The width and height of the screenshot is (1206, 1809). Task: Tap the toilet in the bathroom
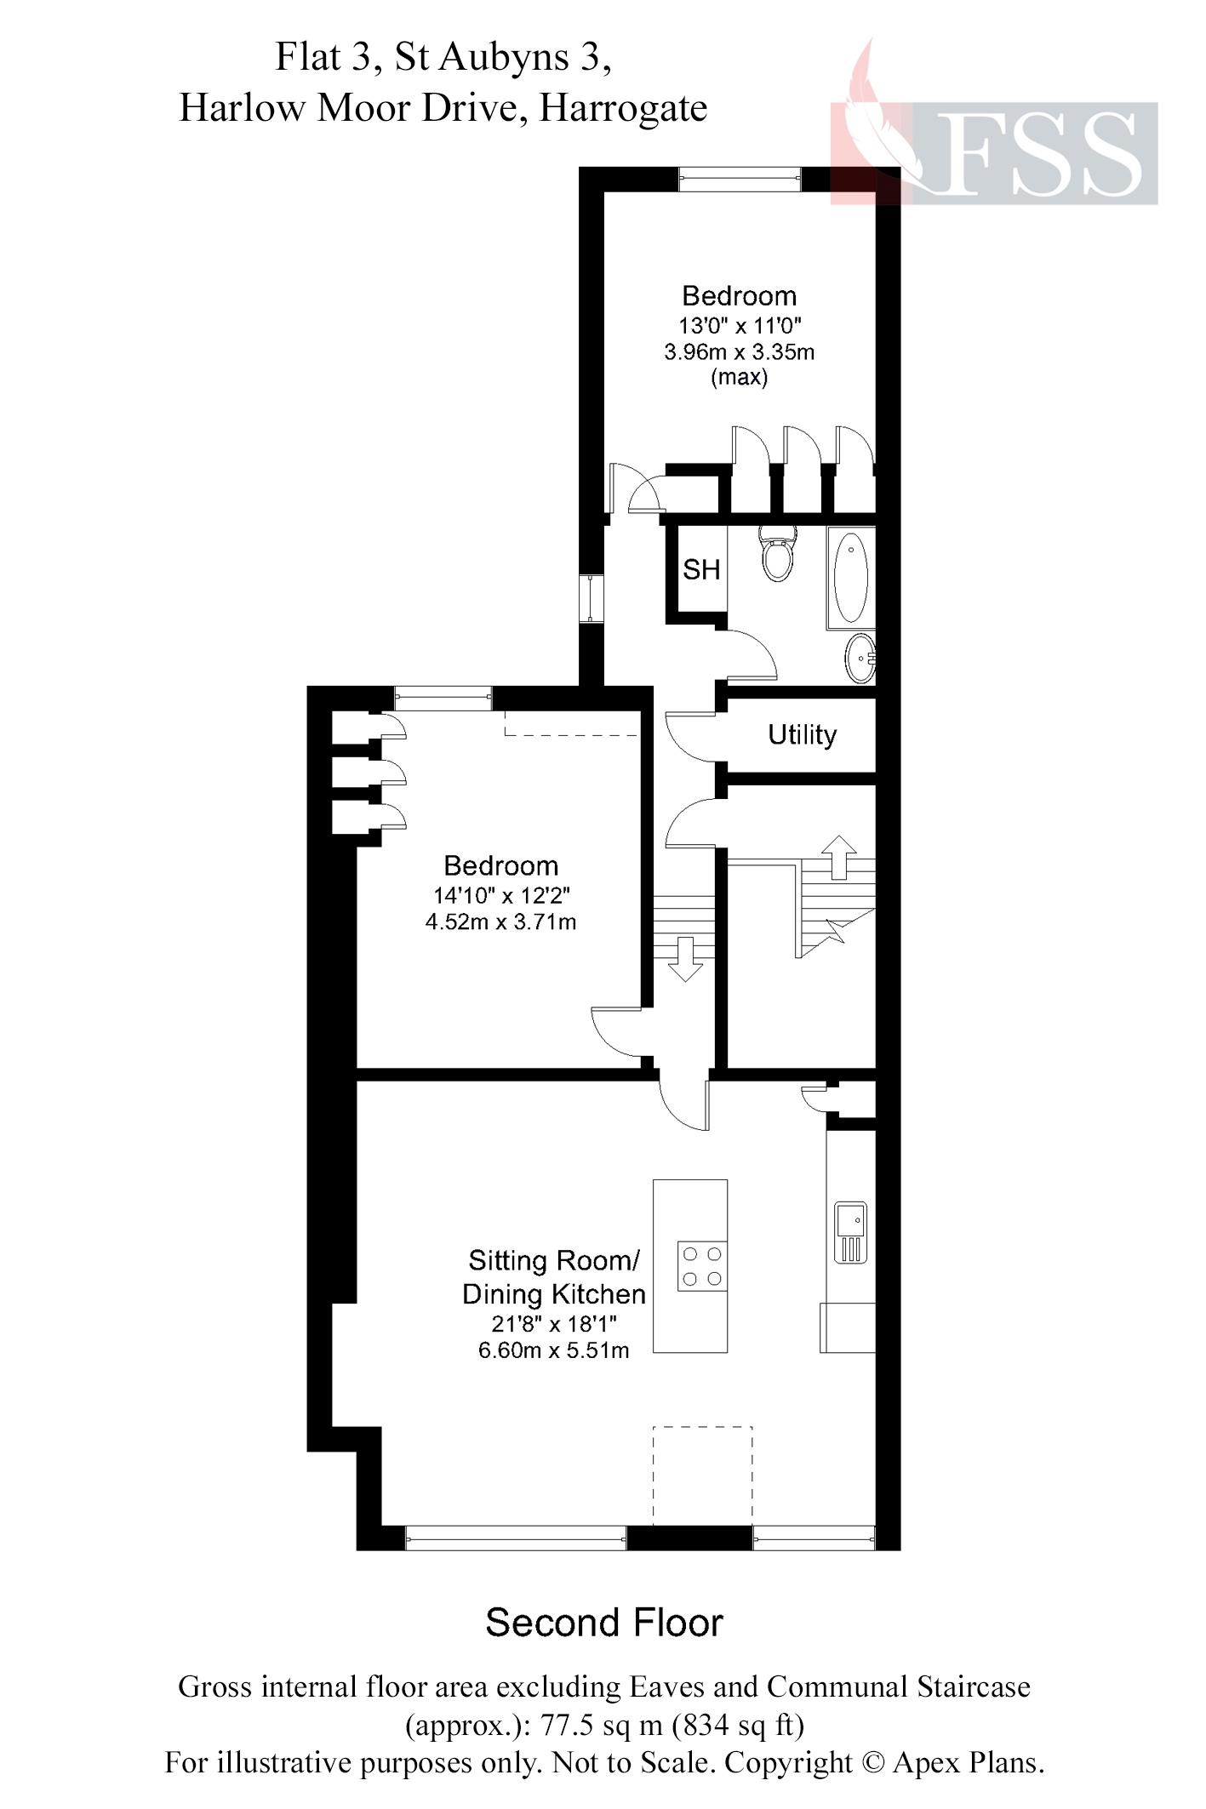pos(777,553)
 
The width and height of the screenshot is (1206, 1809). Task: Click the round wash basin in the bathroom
pos(860,659)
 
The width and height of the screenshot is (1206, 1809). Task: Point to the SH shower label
pos(701,569)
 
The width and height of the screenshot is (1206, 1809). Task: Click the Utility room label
pos(802,734)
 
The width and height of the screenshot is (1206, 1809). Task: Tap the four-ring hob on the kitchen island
pos(702,1266)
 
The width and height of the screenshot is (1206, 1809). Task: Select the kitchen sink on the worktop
pos(850,1231)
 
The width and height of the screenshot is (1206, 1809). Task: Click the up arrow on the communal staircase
pos(839,855)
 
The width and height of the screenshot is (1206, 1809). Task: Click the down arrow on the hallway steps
pos(685,959)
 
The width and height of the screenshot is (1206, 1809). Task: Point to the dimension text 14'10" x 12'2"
pos(501,895)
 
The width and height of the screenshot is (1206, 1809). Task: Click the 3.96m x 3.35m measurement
pos(739,351)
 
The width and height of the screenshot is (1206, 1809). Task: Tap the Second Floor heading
pos(603,1624)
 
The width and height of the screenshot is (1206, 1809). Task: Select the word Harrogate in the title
pos(623,108)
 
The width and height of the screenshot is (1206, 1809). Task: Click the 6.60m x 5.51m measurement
pos(553,1350)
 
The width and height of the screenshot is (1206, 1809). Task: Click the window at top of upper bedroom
pos(740,179)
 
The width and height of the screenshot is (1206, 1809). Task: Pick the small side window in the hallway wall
pos(591,599)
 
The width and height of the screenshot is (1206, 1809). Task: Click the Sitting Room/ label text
pos(553,1260)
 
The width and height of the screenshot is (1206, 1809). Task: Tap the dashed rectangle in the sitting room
pos(703,1475)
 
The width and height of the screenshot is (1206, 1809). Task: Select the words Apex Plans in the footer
pos(967,1762)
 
